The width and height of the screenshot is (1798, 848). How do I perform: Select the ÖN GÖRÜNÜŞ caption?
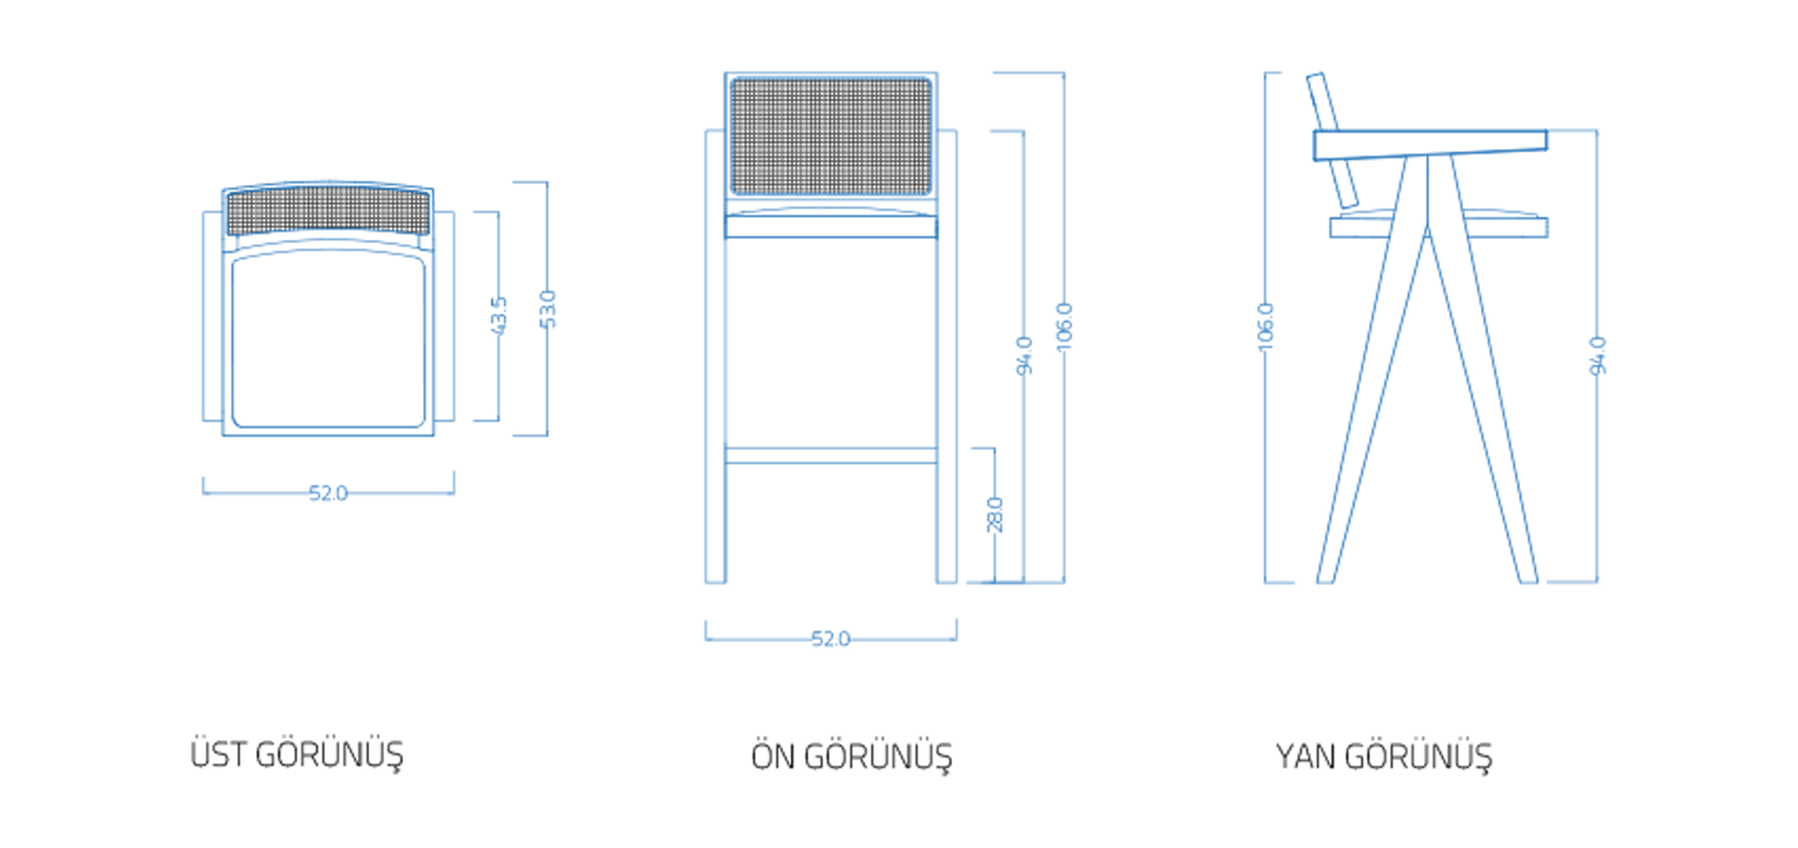(851, 757)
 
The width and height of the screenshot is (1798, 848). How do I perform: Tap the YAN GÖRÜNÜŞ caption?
(1383, 757)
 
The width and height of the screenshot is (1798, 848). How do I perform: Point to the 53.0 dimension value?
(549, 308)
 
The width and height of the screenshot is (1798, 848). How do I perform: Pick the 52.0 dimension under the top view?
(328, 493)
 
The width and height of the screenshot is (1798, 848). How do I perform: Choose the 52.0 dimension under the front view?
(830, 639)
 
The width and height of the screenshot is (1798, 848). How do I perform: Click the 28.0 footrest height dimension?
(995, 514)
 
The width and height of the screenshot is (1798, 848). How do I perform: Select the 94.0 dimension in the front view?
(1024, 356)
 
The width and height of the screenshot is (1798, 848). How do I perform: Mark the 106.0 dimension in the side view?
(1265, 327)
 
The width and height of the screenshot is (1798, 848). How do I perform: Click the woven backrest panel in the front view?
(830, 136)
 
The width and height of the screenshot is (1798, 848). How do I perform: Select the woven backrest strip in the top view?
(328, 211)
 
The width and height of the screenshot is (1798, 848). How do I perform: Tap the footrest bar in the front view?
(830, 456)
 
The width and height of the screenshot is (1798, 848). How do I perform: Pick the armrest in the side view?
(1431, 144)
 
